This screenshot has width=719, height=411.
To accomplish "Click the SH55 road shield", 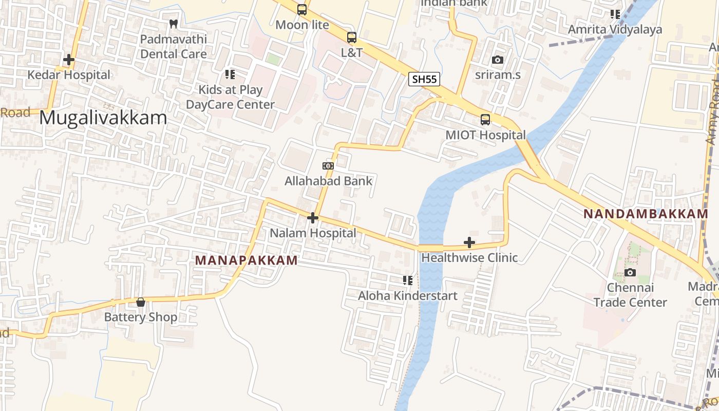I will [x=424, y=79].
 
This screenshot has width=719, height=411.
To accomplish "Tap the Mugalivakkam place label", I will [x=103, y=118].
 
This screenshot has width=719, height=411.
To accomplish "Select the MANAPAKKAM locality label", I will [x=247, y=260].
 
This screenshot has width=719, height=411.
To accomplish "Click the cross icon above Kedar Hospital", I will [x=68, y=60].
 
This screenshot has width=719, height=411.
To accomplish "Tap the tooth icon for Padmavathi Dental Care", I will [x=174, y=24].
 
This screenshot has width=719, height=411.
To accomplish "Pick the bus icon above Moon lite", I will [x=302, y=10].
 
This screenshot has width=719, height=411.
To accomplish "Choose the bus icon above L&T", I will [x=352, y=38].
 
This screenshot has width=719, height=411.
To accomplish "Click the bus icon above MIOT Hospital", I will [x=485, y=120].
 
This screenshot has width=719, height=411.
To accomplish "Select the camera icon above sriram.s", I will [x=497, y=60].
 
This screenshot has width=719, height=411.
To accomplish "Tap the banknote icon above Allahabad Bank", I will [x=328, y=166].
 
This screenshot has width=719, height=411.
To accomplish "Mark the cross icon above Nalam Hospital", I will [x=313, y=218].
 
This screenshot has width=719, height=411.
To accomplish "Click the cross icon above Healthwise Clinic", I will [x=469, y=242].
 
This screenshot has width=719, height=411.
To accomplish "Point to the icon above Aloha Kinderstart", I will [x=408, y=281].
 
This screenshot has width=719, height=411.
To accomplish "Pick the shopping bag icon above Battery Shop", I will [x=141, y=302].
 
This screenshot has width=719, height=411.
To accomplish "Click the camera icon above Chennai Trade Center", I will [x=630, y=272].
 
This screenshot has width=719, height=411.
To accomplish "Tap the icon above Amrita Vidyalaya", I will [x=615, y=14].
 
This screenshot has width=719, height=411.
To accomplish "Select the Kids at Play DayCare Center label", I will [x=231, y=97].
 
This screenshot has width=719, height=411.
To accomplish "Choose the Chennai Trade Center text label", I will [x=630, y=295].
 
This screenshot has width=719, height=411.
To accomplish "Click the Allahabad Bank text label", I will [x=329, y=181].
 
